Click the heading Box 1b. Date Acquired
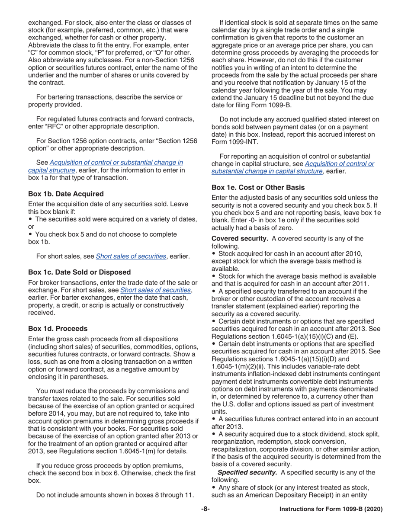coord(66,194)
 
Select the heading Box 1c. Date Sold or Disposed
coord(79,272)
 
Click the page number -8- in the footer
coord(205,510)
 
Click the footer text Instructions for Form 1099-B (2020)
coord(331,510)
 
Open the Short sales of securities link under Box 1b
coord(131,256)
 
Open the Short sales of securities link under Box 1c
coord(155,290)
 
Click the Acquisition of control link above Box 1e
coord(339,163)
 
